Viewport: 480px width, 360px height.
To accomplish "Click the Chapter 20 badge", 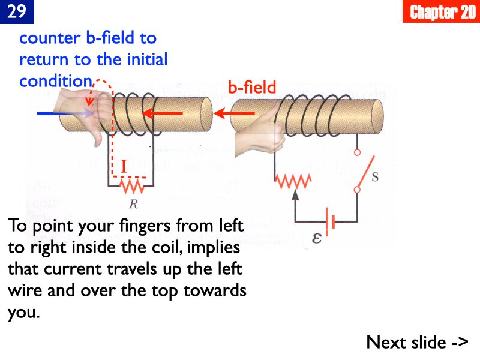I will [442, 12].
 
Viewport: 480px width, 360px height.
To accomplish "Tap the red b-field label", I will [252, 88].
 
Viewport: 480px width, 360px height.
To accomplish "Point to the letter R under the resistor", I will [133, 205].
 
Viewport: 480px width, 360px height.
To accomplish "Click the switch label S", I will [375, 178].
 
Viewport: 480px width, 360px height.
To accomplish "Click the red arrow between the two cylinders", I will [227, 113].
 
